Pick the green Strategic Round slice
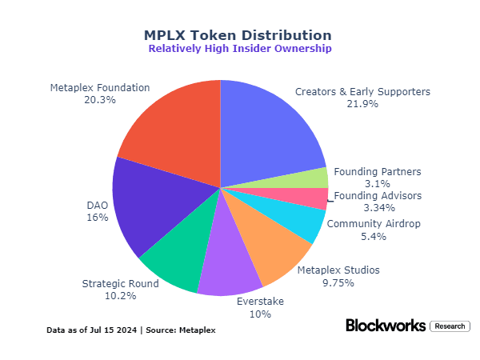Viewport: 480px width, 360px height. [x=176, y=256]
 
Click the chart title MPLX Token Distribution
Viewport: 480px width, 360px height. [x=238, y=35]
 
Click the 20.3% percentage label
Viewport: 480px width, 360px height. [x=100, y=100]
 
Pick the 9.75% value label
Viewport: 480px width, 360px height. [x=338, y=282]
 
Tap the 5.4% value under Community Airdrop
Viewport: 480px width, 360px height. [x=374, y=236]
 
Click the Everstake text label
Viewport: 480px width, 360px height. [x=261, y=301]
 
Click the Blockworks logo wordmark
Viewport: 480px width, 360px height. [x=385, y=326]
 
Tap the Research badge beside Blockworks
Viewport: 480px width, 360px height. [x=449, y=326]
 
